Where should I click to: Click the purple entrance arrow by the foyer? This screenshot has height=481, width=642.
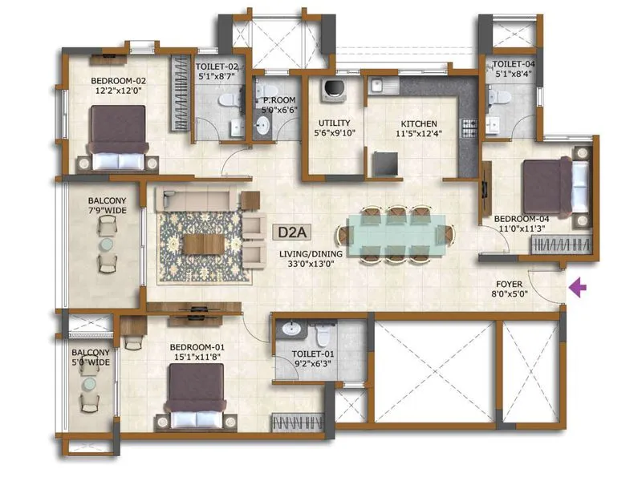578,286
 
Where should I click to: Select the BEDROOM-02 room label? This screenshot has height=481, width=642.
118,86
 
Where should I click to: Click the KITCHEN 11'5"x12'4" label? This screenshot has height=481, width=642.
418,129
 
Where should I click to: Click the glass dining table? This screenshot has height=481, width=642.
393,234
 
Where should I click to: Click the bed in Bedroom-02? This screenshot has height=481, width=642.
118,138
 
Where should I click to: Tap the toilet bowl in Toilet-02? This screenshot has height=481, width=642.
227,99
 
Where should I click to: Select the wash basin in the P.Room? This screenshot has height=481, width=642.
262,125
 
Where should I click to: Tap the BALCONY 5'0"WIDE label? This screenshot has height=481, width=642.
90,358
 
